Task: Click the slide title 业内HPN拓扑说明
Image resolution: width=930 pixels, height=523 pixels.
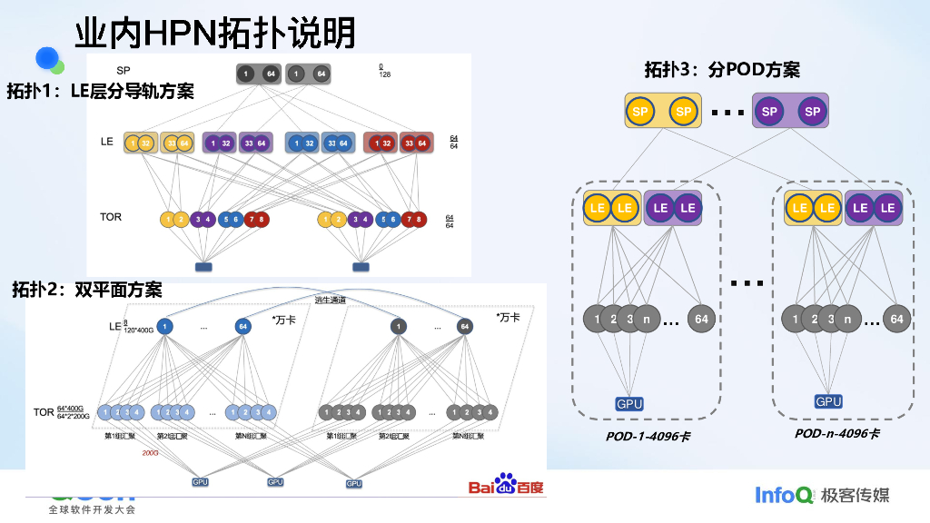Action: tap(215, 34)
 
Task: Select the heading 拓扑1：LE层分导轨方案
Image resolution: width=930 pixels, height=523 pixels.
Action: tap(101, 91)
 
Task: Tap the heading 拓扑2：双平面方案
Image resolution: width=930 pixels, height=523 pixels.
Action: tap(87, 290)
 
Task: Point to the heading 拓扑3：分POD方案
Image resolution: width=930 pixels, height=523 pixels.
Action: tap(722, 70)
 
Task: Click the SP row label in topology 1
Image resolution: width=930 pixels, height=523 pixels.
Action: tap(123, 71)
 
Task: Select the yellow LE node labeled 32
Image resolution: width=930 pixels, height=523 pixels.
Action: tap(147, 143)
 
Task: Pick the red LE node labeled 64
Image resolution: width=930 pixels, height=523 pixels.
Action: tap(420, 143)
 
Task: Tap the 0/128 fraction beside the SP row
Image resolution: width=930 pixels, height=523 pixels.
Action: tap(384, 71)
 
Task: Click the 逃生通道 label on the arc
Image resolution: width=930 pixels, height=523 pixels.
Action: tap(331, 301)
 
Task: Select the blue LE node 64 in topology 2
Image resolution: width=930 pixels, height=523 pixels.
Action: tap(242, 326)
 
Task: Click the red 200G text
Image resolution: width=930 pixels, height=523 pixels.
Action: tap(150, 452)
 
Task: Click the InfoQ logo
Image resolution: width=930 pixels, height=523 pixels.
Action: tap(784, 495)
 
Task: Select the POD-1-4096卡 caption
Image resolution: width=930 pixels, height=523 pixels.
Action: tap(648, 436)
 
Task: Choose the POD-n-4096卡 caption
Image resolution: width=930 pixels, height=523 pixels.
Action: tap(836, 433)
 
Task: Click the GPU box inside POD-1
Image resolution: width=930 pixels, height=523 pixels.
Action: tap(629, 404)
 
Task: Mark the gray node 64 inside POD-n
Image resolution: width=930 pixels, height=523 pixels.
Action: tap(896, 319)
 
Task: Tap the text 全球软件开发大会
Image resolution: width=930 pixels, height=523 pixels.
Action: tap(92, 509)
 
